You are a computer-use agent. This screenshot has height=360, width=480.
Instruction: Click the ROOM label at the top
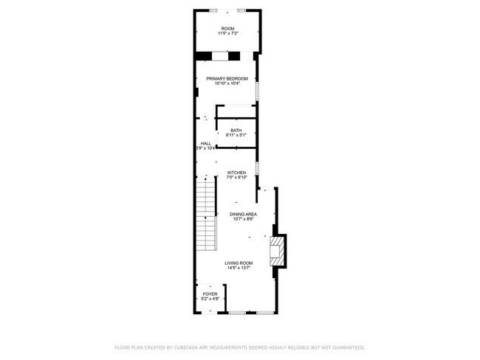[227, 29]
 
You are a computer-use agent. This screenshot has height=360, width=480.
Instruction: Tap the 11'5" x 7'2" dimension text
[227, 34]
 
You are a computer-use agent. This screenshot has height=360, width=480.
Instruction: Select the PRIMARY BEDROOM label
[227, 78]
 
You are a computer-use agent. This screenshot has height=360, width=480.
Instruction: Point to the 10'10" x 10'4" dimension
[227, 83]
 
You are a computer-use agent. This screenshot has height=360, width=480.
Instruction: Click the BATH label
[236, 131]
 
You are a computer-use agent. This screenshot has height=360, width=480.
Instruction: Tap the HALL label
[206, 143]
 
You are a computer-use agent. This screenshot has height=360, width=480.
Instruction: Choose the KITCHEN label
[236, 173]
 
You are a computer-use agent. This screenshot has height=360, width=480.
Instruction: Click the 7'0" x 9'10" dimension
[236, 178]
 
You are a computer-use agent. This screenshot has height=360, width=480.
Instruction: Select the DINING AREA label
[243, 214]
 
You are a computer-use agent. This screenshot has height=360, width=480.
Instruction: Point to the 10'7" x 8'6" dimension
[243, 219]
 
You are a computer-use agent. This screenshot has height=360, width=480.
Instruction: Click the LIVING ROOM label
[239, 263]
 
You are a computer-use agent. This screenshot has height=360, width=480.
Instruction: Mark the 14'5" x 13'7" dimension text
[239, 268]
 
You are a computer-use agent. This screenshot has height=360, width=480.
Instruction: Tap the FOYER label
[210, 294]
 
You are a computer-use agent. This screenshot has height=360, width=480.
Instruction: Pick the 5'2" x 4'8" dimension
[210, 299]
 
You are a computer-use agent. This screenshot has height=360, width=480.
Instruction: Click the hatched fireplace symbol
[276, 251]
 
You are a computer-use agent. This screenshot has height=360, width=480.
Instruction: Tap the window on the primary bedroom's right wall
[256, 89]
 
